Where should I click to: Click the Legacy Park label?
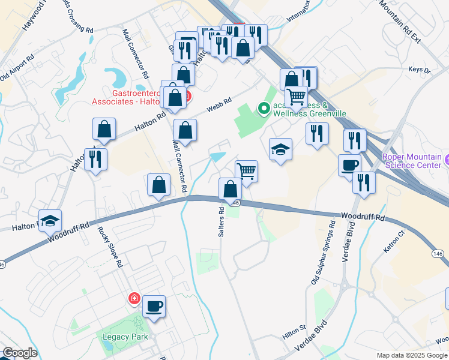point(122,337)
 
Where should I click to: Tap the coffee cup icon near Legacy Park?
point(154,307)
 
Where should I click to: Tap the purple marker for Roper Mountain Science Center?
point(447,161)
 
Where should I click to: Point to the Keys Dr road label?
point(420,70)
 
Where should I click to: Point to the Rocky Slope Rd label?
point(114,247)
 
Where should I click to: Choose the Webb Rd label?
point(219,105)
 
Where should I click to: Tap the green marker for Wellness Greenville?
point(263,109)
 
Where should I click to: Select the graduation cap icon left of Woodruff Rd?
point(50,220)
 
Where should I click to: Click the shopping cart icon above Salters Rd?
point(246,171)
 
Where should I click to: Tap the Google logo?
point(19,353)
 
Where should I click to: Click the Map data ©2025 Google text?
point(412,355)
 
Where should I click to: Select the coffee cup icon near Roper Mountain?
point(349,165)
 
